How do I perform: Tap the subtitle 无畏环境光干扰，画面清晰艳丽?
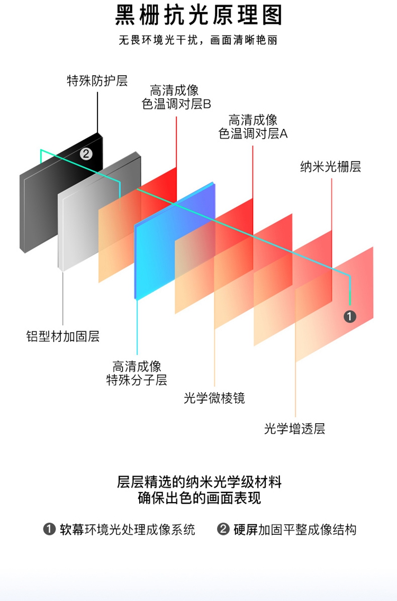click(198, 41)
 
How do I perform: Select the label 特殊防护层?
click(97, 81)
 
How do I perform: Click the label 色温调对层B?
click(176, 104)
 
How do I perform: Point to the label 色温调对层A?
click(253, 133)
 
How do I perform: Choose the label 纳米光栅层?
click(331, 167)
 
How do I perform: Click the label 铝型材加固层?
click(63, 336)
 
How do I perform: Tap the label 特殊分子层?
click(137, 380)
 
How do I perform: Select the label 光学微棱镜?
click(214, 398)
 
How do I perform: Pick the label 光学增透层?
click(295, 429)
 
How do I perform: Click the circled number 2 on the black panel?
click(86, 154)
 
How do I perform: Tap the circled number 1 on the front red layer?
click(350, 316)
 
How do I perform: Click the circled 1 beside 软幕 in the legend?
click(49, 530)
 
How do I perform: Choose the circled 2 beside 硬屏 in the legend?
click(223, 530)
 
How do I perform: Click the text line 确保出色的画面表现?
click(198, 498)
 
